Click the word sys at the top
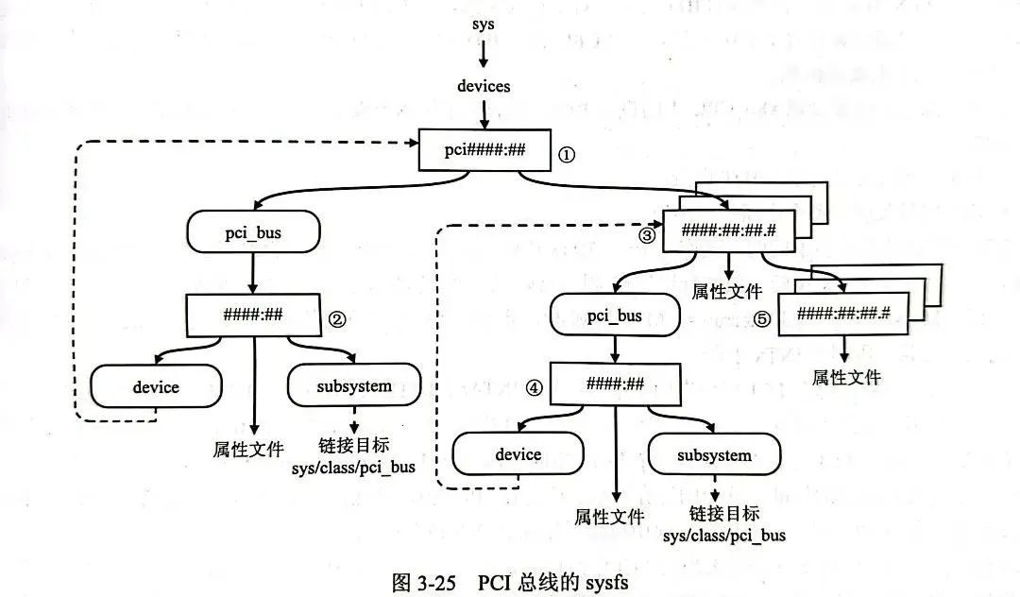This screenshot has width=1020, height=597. click(484, 25)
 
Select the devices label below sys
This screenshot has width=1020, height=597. click(484, 86)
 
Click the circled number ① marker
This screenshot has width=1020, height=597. click(567, 152)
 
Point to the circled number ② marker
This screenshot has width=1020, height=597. click(337, 319)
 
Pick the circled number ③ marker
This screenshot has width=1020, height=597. click(647, 235)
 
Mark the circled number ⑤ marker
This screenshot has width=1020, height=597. click(763, 319)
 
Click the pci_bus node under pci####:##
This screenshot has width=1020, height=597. click(253, 230)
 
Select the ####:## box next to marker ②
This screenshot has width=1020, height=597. click(254, 314)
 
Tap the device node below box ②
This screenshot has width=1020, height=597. click(156, 386)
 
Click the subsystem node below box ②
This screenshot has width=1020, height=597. click(353, 386)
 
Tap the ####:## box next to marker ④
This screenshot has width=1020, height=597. click(616, 384)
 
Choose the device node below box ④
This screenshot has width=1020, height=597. click(518, 454)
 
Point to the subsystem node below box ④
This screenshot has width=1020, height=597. click(715, 455)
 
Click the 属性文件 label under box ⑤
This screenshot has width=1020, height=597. click(846, 378)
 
